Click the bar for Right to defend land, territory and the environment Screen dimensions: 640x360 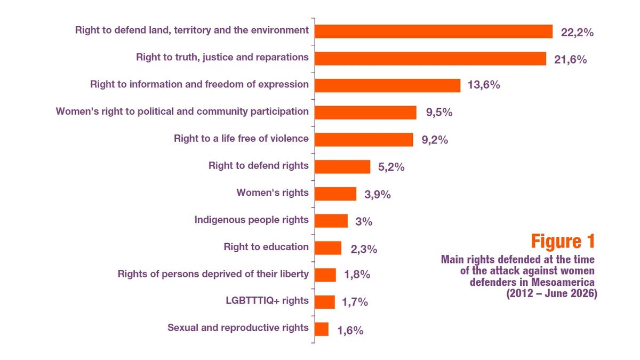tap(434, 31)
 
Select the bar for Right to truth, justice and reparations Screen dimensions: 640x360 tap(430, 59)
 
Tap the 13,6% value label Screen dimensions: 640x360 tap(484, 85)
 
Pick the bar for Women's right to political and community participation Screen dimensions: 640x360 tap(365, 113)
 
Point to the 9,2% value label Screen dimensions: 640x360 tap(435, 140)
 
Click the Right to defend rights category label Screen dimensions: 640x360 tap(258, 165)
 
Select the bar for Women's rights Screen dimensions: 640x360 tap(335, 194)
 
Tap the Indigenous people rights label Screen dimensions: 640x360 tap(251, 220)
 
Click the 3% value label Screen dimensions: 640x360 tap(364, 221)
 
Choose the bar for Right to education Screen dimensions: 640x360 tap(328, 248)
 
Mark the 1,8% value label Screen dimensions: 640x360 tap(357, 275)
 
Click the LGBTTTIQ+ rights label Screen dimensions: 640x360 tap(267, 301)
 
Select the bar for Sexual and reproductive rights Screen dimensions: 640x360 tap(322, 329)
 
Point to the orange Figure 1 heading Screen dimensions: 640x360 tap(563, 242)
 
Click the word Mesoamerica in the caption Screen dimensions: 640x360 tap(563, 282)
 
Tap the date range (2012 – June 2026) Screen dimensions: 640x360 tap(551, 293)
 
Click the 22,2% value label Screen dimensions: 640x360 tap(577, 33)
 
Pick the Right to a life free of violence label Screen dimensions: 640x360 tap(241, 139)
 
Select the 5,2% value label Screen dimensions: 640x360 tap(391, 167)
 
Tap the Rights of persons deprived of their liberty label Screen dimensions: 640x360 tap(213, 274)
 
